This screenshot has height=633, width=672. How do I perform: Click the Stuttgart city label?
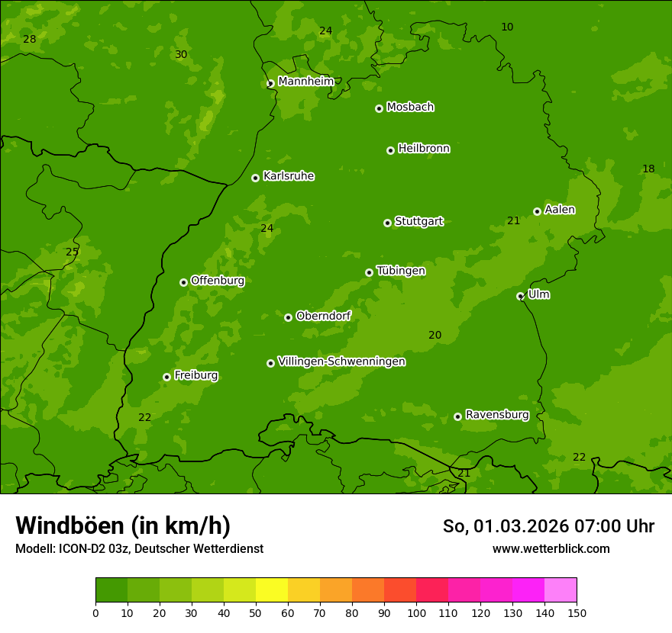pyautogui.click(x=418, y=222)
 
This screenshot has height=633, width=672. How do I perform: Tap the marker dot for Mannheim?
pyautogui.click(x=270, y=84)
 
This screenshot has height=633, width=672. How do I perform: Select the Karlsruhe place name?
pyautogui.click(x=289, y=176)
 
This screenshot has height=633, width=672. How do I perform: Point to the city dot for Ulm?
pyautogui.click(x=521, y=296)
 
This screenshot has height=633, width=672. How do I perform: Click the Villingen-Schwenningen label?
pyautogui.click(x=341, y=361)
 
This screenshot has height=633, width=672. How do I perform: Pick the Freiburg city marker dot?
pyautogui.click(x=166, y=377)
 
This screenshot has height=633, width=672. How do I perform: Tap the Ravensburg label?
pyautogui.click(x=497, y=415)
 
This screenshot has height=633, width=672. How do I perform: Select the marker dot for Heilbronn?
pyautogui.click(x=390, y=150)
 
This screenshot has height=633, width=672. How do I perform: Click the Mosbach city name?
pyautogui.click(x=410, y=108)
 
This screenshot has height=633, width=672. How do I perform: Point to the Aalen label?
pyautogui.click(x=560, y=210)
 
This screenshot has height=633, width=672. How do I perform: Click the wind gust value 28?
pyautogui.click(x=29, y=39)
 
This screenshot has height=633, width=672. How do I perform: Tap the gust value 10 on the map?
pyautogui.click(x=507, y=27)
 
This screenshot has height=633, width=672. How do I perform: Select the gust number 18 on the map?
pyautogui.click(x=648, y=169)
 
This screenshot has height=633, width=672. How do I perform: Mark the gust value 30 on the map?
pyautogui.click(x=181, y=54)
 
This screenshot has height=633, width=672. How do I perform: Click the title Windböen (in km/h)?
pyautogui.click(x=123, y=525)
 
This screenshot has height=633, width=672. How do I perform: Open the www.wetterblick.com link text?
pyautogui.click(x=551, y=548)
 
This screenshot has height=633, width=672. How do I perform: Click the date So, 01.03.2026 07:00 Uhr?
pyautogui.click(x=548, y=526)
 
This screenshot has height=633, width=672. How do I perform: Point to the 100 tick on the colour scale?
pyautogui.click(x=416, y=612)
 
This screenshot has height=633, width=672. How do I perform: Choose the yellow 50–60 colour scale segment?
pyautogui.click(x=272, y=590)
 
